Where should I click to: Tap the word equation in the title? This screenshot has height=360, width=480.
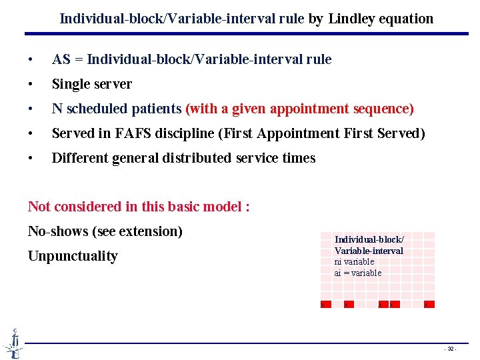[407, 19]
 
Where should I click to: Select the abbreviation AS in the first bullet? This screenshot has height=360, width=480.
[61, 59]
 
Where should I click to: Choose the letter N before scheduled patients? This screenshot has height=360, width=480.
[57, 109]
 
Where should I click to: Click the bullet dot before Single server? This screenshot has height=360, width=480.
[30, 85]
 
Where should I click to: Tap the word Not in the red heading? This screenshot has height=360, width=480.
[39, 207]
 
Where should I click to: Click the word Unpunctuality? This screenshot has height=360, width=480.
[73, 256]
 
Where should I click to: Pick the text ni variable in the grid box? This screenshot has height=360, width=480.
[354, 262]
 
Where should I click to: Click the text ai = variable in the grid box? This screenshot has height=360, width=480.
[358, 273]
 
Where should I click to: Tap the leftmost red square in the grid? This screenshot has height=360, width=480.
[323, 305]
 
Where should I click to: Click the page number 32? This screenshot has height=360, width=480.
[451, 349]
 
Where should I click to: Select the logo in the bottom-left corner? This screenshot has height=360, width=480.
[13, 343]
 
